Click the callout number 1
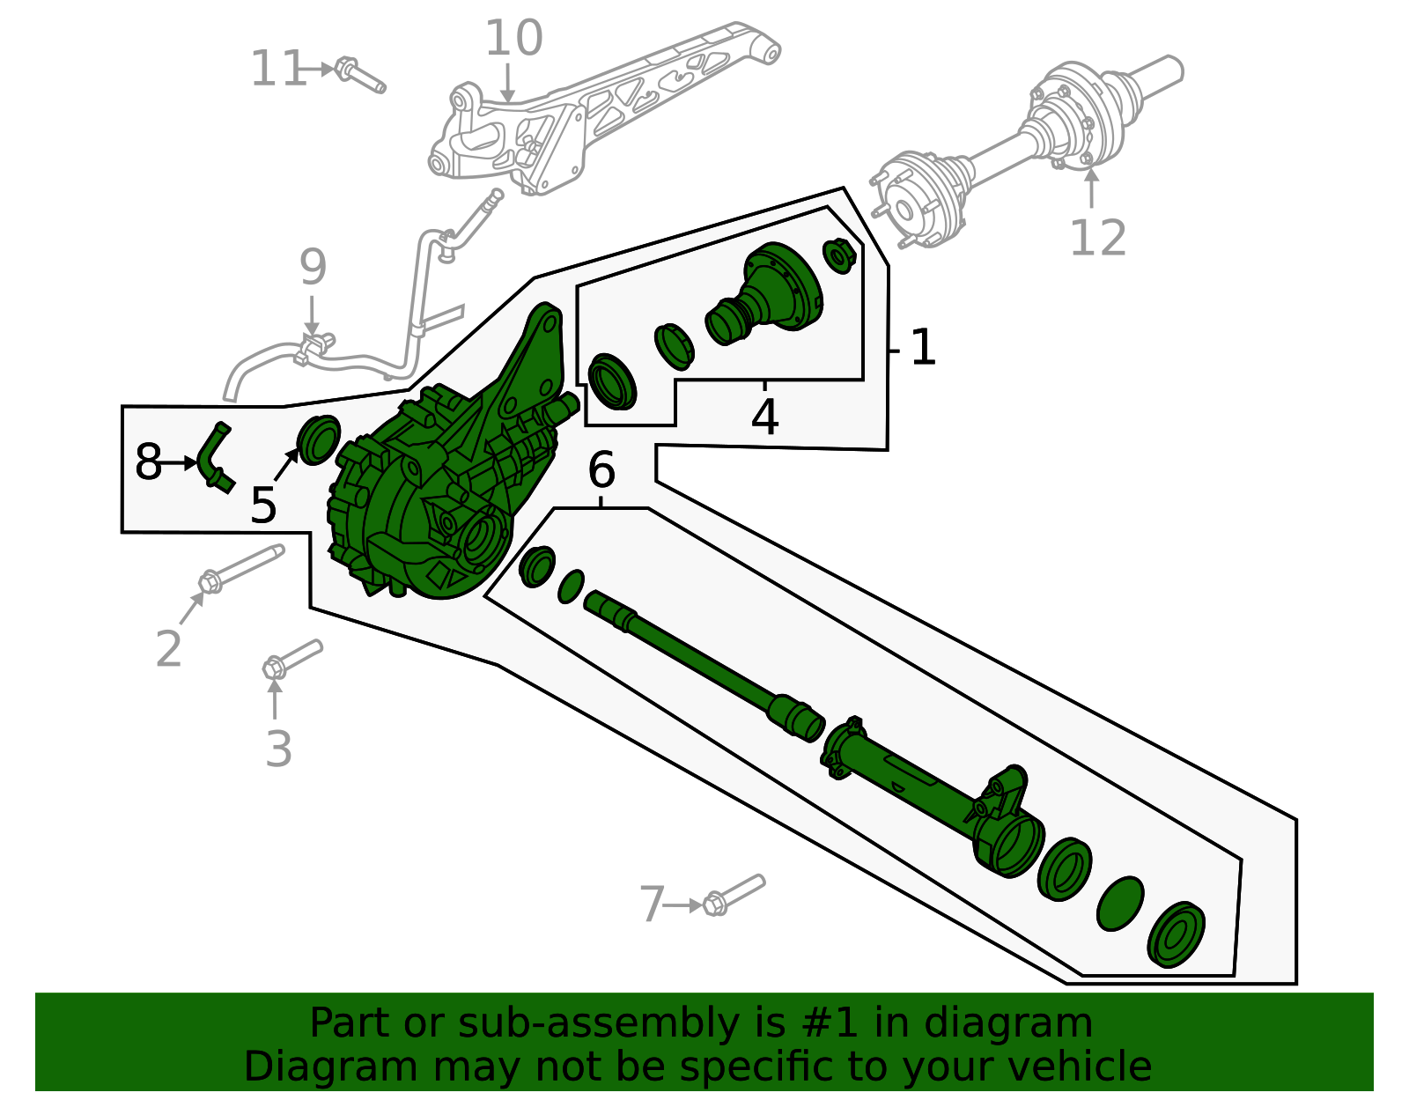point(922,348)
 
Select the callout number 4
point(764,417)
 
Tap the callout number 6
point(601,470)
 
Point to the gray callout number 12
point(1097,239)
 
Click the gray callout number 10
point(513,40)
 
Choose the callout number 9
point(313,267)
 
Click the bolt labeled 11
point(361,75)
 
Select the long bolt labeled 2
point(242,568)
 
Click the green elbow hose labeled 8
point(214,454)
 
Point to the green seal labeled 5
point(318,439)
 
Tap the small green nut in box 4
point(839,255)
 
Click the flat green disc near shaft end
point(1120,904)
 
